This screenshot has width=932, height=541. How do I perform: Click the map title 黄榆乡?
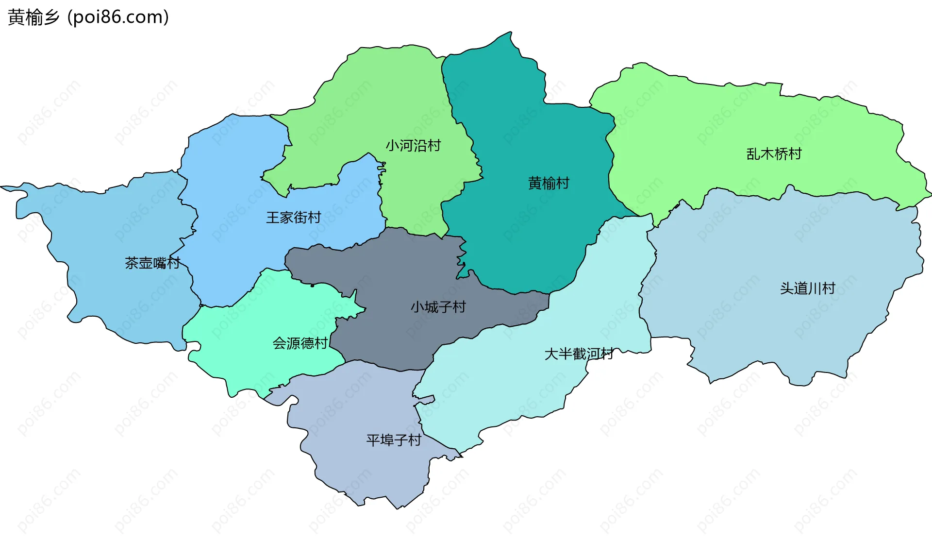click(x=33, y=17)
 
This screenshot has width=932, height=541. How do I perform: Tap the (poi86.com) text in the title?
click(x=118, y=17)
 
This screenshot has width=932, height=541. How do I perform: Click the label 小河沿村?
click(x=413, y=146)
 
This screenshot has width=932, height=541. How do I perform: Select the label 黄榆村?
click(x=549, y=183)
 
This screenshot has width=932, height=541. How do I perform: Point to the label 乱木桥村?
click(x=774, y=154)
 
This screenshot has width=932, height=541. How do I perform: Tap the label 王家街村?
click(x=294, y=217)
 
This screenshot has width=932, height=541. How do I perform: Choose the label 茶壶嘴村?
click(x=152, y=263)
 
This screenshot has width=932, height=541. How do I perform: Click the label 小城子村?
click(x=438, y=307)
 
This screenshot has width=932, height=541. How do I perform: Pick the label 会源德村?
click(x=300, y=343)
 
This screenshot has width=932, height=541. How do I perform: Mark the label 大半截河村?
click(x=579, y=354)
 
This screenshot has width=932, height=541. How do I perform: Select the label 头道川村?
click(x=807, y=288)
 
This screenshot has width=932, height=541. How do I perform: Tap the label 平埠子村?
click(x=394, y=440)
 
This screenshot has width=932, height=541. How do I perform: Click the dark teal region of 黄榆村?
click(x=524, y=233)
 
